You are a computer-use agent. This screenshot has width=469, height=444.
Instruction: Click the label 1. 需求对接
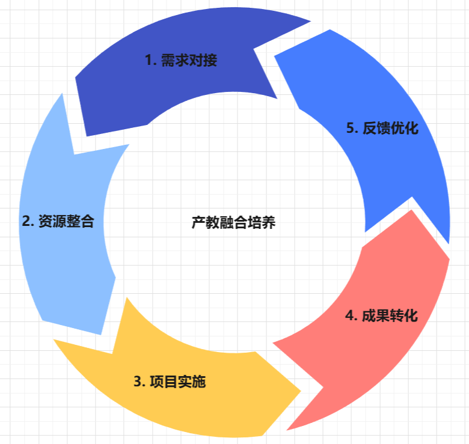pyautogui.click(x=180, y=61)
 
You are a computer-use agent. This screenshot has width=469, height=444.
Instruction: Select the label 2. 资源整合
pyautogui.click(x=58, y=221)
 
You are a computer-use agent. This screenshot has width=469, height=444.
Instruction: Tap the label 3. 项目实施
pyautogui.click(x=170, y=382)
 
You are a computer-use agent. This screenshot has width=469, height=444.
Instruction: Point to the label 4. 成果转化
pyautogui.click(x=381, y=315)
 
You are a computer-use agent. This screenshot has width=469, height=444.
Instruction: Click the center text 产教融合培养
pyautogui.click(x=233, y=223)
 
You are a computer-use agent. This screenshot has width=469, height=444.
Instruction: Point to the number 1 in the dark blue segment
pyautogui.click(x=148, y=61)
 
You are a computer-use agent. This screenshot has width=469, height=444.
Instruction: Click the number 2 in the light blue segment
pyautogui.click(x=25, y=221)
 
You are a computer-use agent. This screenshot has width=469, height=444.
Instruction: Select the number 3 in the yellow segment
pyautogui.click(x=137, y=382)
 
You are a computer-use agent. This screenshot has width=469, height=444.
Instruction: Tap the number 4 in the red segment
pyautogui.click(x=349, y=315)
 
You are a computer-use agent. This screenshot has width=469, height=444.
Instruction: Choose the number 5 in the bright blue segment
pyautogui.click(x=350, y=129)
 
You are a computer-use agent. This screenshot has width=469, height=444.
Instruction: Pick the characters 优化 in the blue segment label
pyautogui.click(x=404, y=129)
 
